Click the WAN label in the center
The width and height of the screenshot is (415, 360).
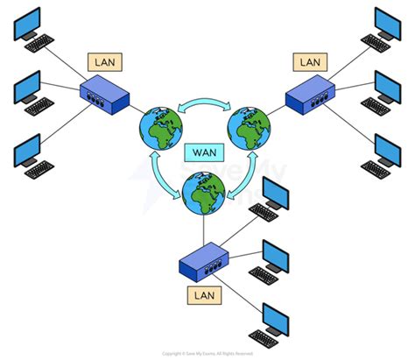[x=200, y=152]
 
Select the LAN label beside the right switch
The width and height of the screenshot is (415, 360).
[x=311, y=62]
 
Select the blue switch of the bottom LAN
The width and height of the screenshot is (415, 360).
[x=202, y=262]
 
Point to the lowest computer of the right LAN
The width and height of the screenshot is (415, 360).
[x=384, y=152]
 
